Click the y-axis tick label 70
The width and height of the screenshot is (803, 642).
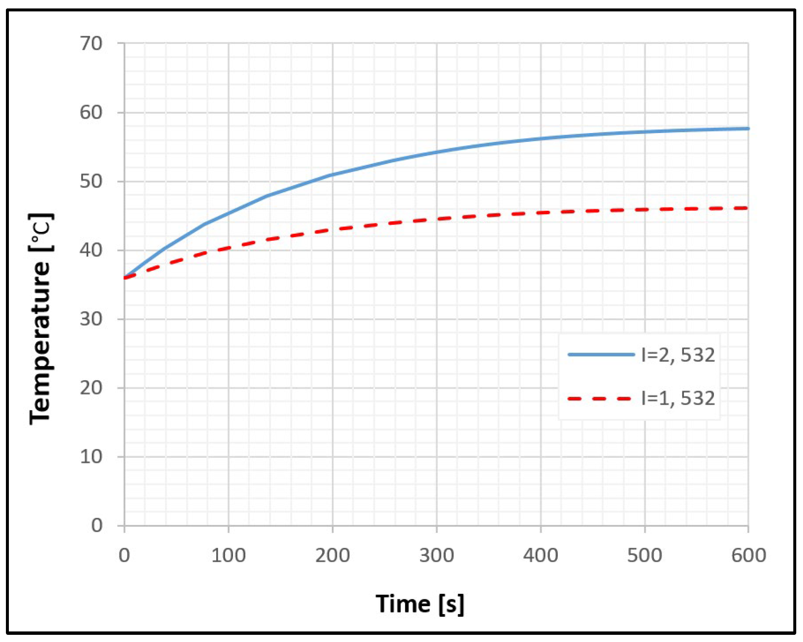click(91, 44)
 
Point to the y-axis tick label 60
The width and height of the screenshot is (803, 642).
click(91, 112)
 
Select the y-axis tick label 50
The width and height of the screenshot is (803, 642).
click(91, 181)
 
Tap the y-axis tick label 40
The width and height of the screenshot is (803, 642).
click(91, 250)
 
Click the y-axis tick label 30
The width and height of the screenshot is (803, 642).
click(91, 319)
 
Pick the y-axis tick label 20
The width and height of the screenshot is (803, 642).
click(91, 388)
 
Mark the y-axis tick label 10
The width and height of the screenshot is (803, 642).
click(91, 457)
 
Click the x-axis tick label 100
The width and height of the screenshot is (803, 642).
click(228, 555)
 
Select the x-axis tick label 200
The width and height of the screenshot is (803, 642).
click(333, 555)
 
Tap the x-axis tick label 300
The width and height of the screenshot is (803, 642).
click(437, 555)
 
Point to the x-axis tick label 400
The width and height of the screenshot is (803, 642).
click(541, 555)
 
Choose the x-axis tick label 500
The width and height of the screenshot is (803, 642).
click(645, 555)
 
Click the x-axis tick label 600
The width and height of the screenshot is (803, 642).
click(749, 555)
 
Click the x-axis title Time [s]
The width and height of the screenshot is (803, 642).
click(420, 604)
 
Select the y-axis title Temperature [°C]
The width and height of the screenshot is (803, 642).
click(41, 319)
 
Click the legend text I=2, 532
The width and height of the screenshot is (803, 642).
click(678, 355)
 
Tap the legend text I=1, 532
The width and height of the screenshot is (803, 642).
click(678, 398)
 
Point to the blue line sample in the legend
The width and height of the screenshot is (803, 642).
click(601, 355)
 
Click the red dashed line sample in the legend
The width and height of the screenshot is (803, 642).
click(600, 398)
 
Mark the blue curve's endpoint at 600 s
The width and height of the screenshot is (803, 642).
click(748, 128)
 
